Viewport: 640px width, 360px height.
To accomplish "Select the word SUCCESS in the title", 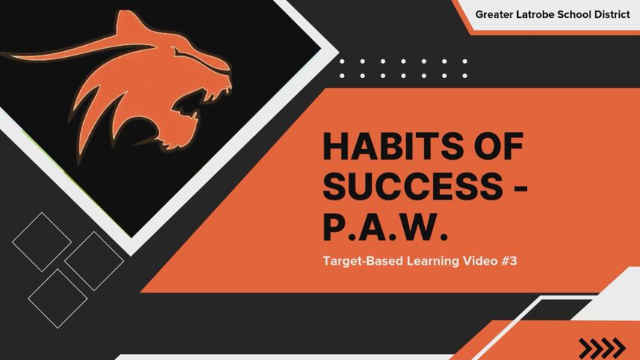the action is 413,185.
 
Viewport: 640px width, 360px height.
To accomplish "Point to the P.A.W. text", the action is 385,226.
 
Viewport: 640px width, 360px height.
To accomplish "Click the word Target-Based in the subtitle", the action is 363,261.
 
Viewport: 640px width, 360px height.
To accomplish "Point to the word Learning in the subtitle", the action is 432,262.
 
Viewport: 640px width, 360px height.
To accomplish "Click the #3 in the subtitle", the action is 509,261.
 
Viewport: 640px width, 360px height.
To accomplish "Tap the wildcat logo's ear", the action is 127,23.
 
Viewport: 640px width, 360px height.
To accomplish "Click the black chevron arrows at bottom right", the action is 602,349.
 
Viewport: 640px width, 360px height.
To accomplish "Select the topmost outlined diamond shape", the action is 42,242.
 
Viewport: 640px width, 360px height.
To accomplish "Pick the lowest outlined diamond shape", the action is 58,298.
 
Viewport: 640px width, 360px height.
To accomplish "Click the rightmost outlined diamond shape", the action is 94,261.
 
